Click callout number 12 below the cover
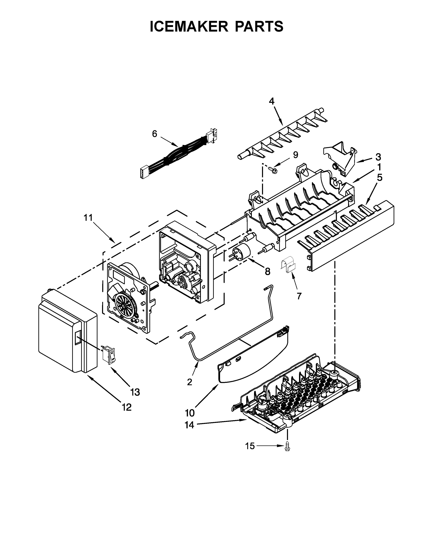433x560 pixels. [127, 407]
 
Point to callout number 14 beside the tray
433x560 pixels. [190, 425]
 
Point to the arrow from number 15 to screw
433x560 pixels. [269, 446]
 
